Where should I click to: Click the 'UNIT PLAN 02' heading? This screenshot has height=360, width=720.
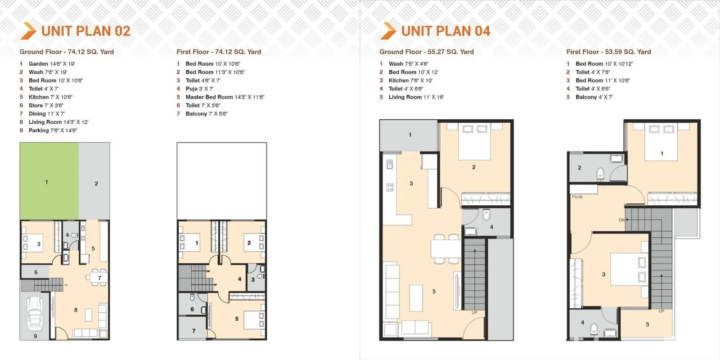click(x=86, y=31)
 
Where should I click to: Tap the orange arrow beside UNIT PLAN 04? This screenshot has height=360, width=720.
click(x=388, y=31)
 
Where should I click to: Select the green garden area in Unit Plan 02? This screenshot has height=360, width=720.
click(x=49, y=181)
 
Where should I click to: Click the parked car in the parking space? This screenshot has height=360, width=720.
click(x=34, y=314)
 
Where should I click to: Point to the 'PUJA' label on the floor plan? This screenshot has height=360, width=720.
click(x=577, y=197)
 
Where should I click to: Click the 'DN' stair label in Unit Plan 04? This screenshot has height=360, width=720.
click(x=621, y=220)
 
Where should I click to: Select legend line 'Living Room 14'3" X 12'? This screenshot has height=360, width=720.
click(x=58, y=122)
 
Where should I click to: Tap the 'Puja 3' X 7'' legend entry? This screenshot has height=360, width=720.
click(x=199, y=89)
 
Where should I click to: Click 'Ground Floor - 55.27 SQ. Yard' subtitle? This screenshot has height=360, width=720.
click(x=427, y=52)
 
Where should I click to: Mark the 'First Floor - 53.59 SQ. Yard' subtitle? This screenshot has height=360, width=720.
click(x=608, y=52)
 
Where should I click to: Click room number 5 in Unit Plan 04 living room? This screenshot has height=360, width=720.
click(x=434, y=292)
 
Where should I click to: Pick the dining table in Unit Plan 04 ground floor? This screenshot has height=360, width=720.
click(x=446, y=249)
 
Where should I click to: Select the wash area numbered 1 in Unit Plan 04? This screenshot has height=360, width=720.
click(x=409, y=135)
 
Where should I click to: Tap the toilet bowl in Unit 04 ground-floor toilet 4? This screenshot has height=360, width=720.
click(x=486, y=214)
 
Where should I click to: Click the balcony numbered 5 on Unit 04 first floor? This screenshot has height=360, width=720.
click(x=647, y=324)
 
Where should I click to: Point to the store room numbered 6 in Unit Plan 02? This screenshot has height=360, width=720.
click(x=35, y=272)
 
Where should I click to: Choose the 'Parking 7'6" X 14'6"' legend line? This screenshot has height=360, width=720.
click(x=53, y=130)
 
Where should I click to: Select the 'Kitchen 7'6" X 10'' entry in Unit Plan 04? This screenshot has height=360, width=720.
click(x=410, y=81)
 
